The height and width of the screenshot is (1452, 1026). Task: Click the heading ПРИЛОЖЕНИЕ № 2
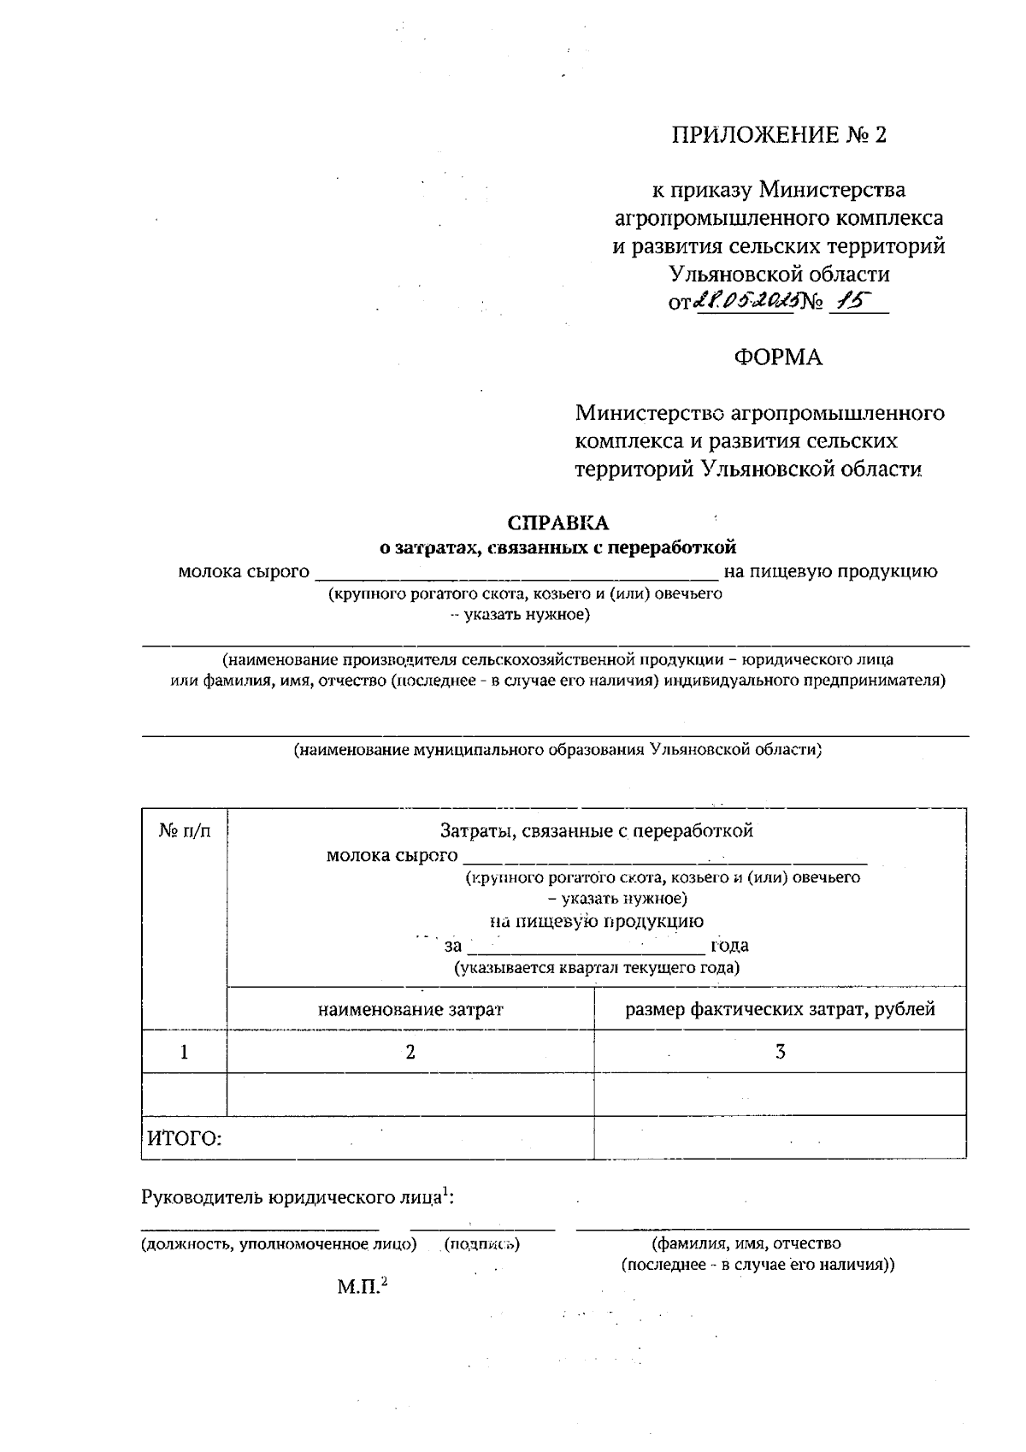779,135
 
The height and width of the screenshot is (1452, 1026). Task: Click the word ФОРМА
778,357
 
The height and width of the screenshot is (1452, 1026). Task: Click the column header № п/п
184,830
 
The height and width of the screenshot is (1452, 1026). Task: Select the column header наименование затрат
410,1009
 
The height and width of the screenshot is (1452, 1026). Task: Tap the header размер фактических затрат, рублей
780,1009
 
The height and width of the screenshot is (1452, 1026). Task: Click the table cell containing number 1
184,1052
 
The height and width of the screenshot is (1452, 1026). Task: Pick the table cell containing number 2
410,1052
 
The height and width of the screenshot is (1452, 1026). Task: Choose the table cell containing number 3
780,1052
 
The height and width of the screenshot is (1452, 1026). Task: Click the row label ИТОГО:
185,1138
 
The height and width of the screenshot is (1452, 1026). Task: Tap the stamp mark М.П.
362,1286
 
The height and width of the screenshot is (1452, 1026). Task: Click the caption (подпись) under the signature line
482,1244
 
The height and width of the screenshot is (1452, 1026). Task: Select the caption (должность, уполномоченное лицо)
279,1244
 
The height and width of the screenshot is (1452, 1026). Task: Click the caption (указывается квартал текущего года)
596,968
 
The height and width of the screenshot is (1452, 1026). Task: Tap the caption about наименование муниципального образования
557,750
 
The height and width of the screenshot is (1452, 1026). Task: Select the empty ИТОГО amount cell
780,1138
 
